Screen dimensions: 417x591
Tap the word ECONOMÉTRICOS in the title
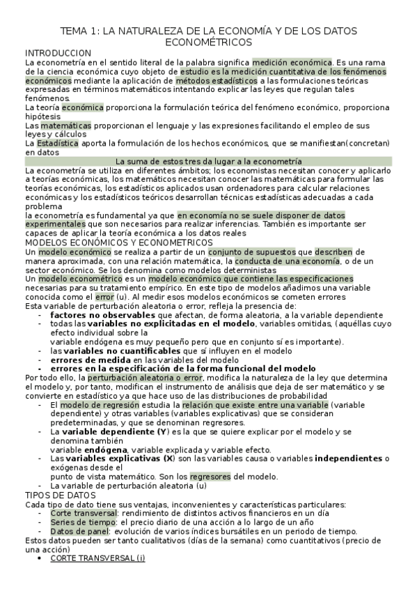[x=208, y=43]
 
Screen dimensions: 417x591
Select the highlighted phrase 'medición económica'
[x=292, y=62]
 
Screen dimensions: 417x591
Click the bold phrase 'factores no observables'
[x=94, y=315]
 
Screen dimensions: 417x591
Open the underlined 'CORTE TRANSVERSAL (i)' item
[x=97, y=558]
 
